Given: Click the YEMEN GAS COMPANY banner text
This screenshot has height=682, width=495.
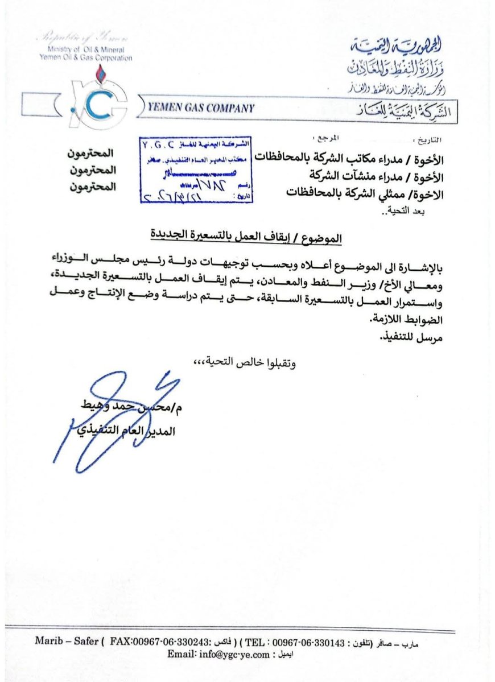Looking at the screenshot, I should [200, 108].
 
